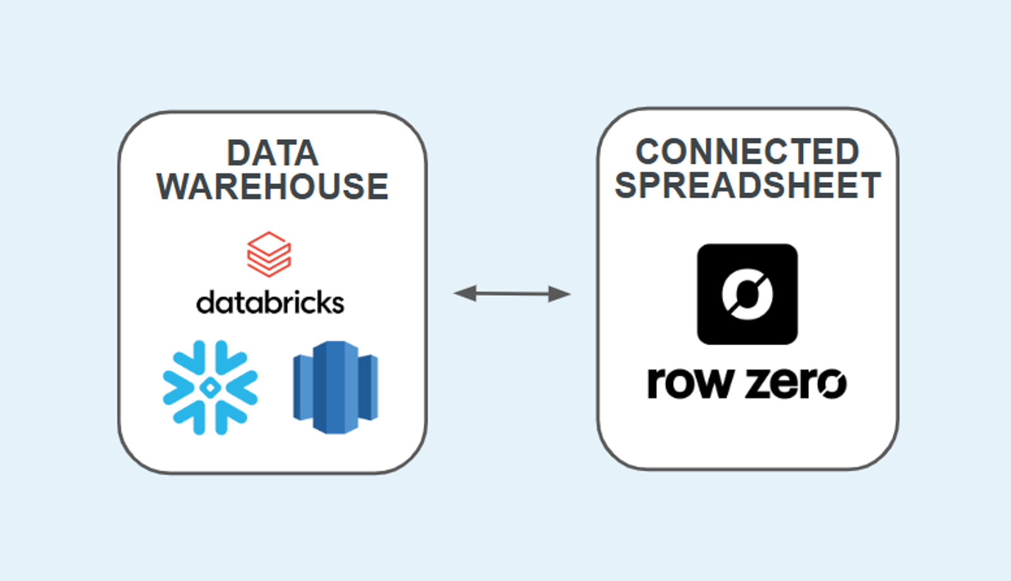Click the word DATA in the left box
(x=272, y=154)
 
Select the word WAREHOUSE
(x=272, y=187)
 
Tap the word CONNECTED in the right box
(x=748, y=152)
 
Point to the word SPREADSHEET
(x=748, y=185)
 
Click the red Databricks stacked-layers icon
(x=269, y=254)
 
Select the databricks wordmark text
(x=270, y=303)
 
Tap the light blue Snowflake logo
(x=210, y=388)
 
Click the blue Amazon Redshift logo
(x=336, y=388)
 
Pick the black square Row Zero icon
(x=748, y=294)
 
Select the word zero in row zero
(x=796, y=384)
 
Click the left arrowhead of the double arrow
(x=464, y=293)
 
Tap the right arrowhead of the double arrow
(x=560, y=293)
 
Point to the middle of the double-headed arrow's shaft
(x=512, y=293)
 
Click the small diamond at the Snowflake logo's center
(x=210, y=388)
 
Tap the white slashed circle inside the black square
(x=748, y=294)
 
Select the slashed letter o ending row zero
(x=832, y=384)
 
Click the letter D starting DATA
(x=238, y=154)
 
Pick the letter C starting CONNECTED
(x=649, y=152)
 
